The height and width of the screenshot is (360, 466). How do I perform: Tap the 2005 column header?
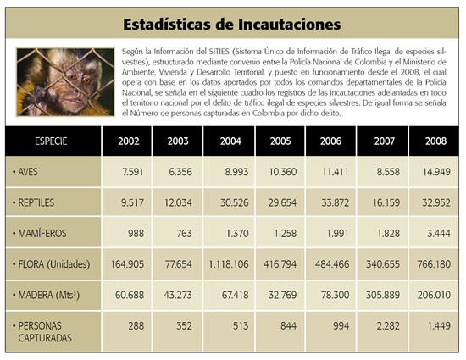point(280,141)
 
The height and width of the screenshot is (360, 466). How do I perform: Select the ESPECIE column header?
point(51,141)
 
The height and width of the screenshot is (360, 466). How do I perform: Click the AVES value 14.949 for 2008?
point(436,172)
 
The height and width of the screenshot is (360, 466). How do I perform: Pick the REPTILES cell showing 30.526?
point(234,202)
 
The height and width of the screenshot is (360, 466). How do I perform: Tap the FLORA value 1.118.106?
point(229,264)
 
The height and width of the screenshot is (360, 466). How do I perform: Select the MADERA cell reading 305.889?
point(383,295)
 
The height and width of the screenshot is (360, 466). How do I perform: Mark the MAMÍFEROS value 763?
point(184,234)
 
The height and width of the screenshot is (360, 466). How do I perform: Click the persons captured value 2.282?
point(388,326)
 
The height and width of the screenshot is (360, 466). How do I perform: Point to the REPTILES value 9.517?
point(132,202)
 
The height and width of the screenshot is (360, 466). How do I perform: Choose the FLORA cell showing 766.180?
point(434,264)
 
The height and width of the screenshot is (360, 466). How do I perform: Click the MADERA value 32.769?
point(282,295)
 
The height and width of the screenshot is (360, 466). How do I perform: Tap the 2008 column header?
point(435,141)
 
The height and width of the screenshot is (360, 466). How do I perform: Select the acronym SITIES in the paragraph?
point(219,52)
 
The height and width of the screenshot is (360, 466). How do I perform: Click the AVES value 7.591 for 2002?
point(132,172)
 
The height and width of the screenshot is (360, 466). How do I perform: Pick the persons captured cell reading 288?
point(136,326)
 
